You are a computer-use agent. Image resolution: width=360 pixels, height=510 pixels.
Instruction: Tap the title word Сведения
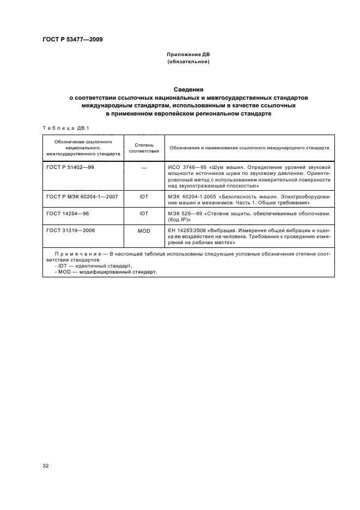click(188, 89)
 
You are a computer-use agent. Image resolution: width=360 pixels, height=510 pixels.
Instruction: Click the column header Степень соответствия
click(144, 147)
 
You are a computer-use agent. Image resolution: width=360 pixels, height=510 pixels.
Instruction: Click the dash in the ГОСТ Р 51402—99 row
click(144, 167)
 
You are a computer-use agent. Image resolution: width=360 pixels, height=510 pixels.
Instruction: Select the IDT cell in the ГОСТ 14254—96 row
click(144, 214)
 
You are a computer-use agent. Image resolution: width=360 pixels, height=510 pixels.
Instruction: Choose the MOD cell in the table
click(144, 231)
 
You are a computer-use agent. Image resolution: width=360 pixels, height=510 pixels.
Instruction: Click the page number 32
click(46, 466)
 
